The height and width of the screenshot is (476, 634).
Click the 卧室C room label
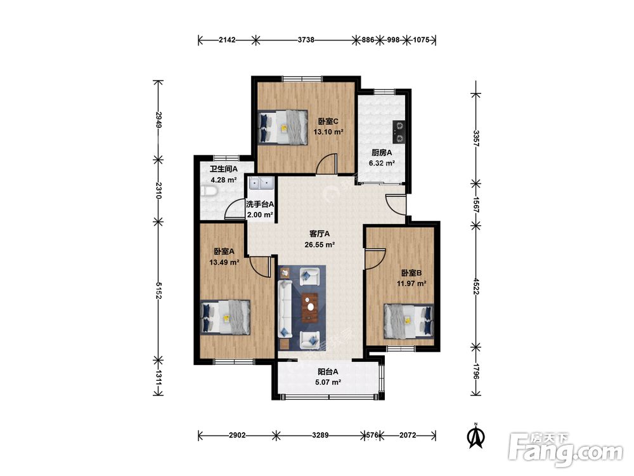pyautogui.click(x=328, y=121)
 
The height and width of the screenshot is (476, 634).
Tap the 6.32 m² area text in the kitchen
pyautogui.click(x=382, y=164)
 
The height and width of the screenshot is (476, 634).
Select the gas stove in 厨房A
pyautogui.click(x=399, y=133)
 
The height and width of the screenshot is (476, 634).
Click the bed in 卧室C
pyautogui.click(x=283, y=127)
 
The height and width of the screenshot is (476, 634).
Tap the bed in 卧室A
pyautogui.click(x=225, y=317)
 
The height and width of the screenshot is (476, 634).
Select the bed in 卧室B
pyautogui.click(x=409, y=321)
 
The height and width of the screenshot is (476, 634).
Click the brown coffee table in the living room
pyautogui.click(x=310, y=307)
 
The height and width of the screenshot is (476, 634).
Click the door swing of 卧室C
pyautogui.click(x=327, y=164)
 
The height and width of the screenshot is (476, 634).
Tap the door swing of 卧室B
pyautogui.click(x=375, y=259)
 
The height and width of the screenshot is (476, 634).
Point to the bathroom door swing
pyautogui.click(x=235, y=209)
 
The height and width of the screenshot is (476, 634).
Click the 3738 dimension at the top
pyautogui.click(x=306, y=39)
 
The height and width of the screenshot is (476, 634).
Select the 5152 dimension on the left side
pyautogui.click(x=158, y=291)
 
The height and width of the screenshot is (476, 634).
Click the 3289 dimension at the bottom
pyautogui.click(x=320, y=435)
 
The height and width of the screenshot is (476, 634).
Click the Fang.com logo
pyautogui.click(x=566, y=450)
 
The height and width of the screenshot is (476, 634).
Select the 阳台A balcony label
pyautogui.click(x=328, y=371)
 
